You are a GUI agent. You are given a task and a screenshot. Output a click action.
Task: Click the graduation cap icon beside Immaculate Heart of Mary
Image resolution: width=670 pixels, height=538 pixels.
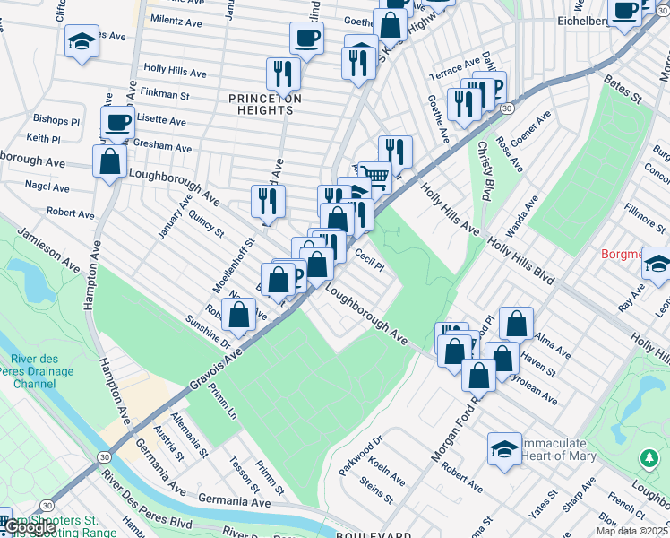click(x=504, y=448)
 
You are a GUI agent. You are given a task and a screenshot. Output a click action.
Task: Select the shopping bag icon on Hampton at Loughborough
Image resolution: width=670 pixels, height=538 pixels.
click(x=109, y=162)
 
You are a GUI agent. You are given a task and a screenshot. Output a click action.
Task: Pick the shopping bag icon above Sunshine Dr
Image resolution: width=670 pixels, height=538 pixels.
click(x=239, y=315)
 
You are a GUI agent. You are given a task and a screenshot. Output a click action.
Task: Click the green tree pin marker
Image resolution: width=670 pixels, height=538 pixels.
click(x=649, y=458)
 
